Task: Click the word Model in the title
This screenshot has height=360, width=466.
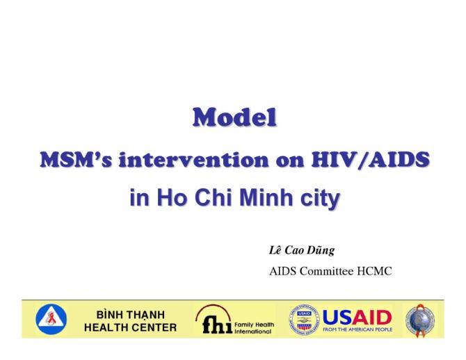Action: pos(234,119)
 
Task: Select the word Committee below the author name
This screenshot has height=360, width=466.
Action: pos(326,271)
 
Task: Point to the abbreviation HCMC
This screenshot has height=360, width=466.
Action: pos(374,271)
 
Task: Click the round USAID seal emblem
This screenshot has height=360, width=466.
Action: pos(305,319)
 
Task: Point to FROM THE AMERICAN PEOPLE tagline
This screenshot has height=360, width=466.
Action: pos(357,329)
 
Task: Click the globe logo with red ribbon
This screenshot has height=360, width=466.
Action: pos(421,319)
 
